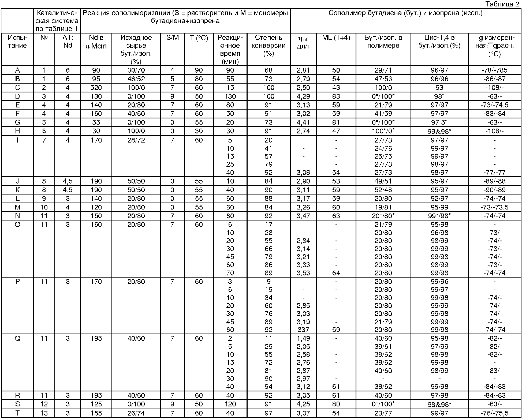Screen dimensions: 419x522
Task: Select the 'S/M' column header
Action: [172, 38]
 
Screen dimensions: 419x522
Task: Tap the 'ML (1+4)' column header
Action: [336, 38]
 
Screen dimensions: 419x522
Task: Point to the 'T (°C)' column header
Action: [199, 38]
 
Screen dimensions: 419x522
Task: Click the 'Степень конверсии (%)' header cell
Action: [269, 46]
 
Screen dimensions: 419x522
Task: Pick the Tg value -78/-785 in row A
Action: [494, 70]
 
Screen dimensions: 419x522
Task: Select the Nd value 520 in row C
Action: [96, 88]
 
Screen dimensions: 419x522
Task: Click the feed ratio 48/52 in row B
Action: [136, 79]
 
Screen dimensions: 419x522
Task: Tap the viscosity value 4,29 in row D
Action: [303, 96]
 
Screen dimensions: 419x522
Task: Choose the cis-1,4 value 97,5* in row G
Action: [439, 122]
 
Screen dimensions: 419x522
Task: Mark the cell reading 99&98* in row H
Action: [439, 131]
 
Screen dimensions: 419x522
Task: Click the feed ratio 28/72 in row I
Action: [136, 140]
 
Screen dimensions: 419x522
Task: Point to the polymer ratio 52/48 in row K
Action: [383, 190]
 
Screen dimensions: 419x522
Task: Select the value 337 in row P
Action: [303, 330]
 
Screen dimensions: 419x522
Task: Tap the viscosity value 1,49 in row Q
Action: [303, 338]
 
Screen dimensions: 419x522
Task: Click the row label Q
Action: [17, 338]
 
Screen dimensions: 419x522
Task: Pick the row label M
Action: [17, 207]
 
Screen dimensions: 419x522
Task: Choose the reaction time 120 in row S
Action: [230, 404]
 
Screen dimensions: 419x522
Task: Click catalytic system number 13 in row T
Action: [44, 413]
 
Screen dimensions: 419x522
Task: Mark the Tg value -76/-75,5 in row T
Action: [494, 413]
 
